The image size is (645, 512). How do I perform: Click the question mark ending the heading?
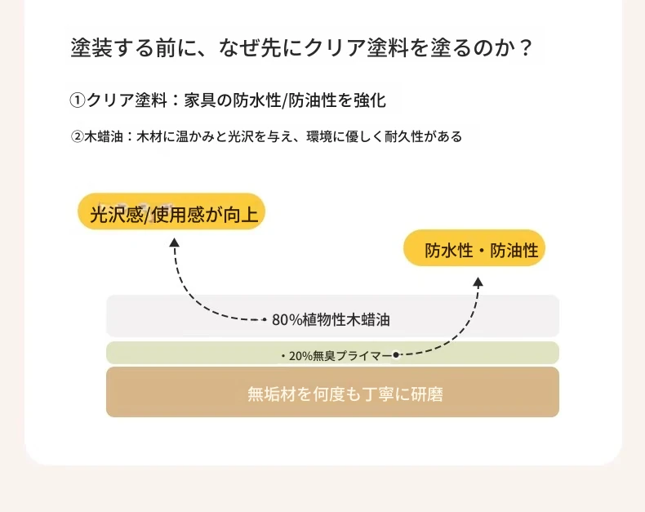pyautogui.click(x=525, y=48)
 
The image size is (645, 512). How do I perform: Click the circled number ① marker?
pyautogui.click(x=77, y=100)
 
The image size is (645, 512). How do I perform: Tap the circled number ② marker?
pyautogui.click(x=78, y=136)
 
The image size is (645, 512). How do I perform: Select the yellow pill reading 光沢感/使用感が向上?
pyautogui.click(x=171, y=211)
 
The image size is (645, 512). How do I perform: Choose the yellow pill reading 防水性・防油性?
pyautogui.click(x=474, y=247)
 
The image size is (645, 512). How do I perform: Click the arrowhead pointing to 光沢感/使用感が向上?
pyautogui.click(x=175, y=243)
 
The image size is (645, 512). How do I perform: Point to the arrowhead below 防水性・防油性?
pyautogui.click(x=478, y=282)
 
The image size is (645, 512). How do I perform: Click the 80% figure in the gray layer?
pyautogui.click(x=287, y=320)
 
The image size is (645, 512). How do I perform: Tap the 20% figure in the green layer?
pyautogui.click(x=300, y=355)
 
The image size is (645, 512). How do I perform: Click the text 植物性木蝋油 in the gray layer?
pyautogui.click(x=346, y=320)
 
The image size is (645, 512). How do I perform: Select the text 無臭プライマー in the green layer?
pyautogui.click(x=353, y=355)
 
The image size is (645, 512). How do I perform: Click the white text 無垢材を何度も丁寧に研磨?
pyautogui.click(x=345, y=394)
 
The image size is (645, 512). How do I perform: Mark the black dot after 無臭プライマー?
pyautogui.click(x=396, y=354)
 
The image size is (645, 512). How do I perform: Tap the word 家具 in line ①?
pyautogui.click(x=200, y=100)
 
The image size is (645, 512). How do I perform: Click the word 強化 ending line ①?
pyautogui.click(x=369, y=100)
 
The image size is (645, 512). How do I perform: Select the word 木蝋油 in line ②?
pyautogui.click(x=104, y=136)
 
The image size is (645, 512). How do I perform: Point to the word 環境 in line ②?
pyautogui.click(x=319, y=136)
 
